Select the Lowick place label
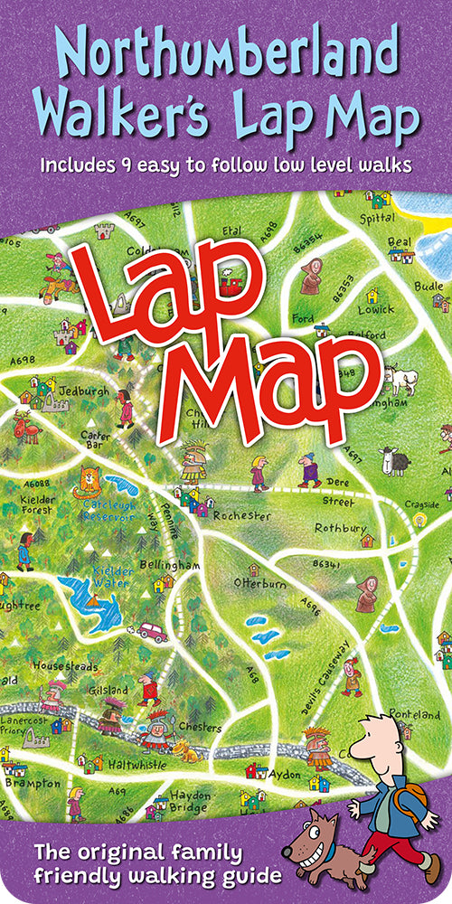376,309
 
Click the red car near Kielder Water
152,631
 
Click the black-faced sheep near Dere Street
393,461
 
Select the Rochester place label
241,515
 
